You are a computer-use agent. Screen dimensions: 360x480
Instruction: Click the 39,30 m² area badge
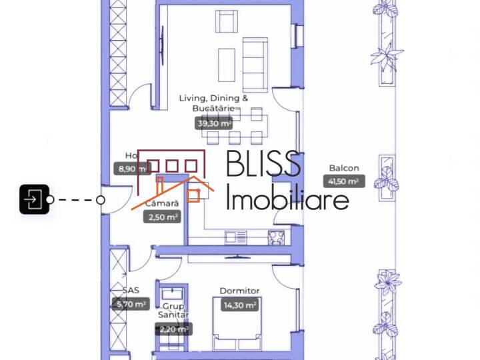(x=214, y=123)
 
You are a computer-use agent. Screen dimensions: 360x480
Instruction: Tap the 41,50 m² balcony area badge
(x=344, y=181)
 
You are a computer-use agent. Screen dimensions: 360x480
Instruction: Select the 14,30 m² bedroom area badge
(x=239, y=305)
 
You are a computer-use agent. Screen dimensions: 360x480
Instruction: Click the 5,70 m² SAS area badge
(x=129, y=304)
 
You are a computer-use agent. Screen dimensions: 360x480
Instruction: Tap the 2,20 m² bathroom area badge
(x=173, y=329)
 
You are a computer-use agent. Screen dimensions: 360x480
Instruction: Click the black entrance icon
(x=34, y=199)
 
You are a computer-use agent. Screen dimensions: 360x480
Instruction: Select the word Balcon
(x=344, y=168)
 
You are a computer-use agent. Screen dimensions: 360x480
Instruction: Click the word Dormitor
(x=239, y=291)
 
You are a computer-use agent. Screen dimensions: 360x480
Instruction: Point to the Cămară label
(x=162, y=203)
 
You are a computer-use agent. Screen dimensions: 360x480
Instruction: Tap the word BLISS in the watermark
(x=264, y=165)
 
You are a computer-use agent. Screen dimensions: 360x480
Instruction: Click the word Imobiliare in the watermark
(x=287, y=198)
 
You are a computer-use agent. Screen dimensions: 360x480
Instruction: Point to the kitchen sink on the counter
(x=235, y=236)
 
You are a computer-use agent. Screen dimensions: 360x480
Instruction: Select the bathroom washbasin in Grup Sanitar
(x=171, y=293)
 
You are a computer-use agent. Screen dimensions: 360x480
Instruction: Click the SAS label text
(x=130, y=291)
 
